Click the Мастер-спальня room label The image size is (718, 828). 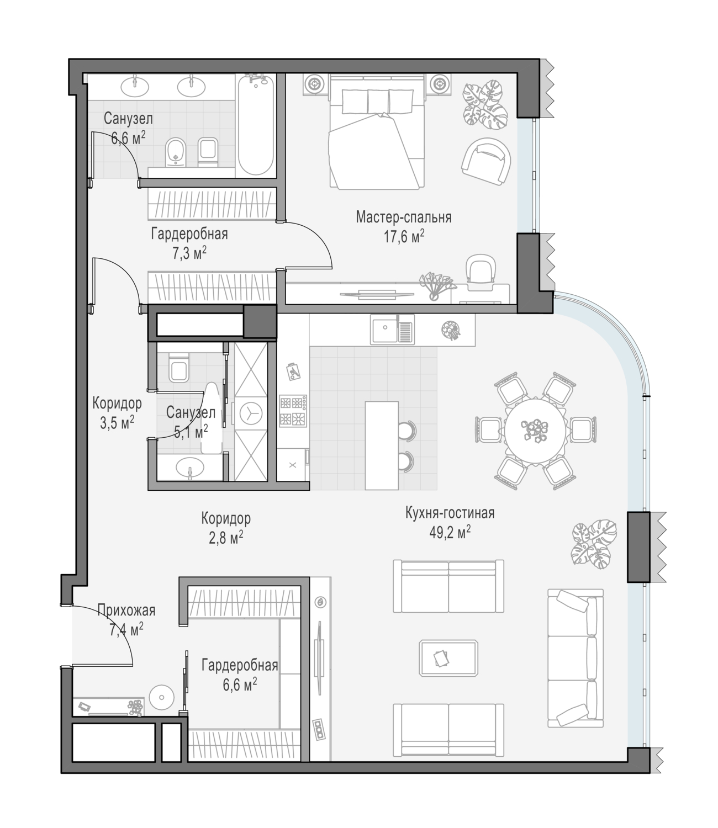[x=404, y=217]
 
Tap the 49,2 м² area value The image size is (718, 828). [x=450, y=533]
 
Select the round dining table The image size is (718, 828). [x=536, y=430]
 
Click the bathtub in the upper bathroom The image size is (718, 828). [x=256, y=125]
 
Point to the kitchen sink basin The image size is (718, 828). [x=385, y=328]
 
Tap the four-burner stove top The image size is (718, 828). [x=293, y=411]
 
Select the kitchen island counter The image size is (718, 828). [x=382, y=445]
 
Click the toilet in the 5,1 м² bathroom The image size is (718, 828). [x=178, y=367]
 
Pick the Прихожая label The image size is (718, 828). [x=126, y=611]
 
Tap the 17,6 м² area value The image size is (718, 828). [x=404, y=237]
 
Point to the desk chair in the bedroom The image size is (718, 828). [x=481, y=274]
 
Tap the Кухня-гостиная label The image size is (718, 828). [x=450, y=513]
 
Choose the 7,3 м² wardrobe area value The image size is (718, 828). [x=189, y=253]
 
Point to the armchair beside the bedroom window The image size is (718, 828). [x=486, y=161]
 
